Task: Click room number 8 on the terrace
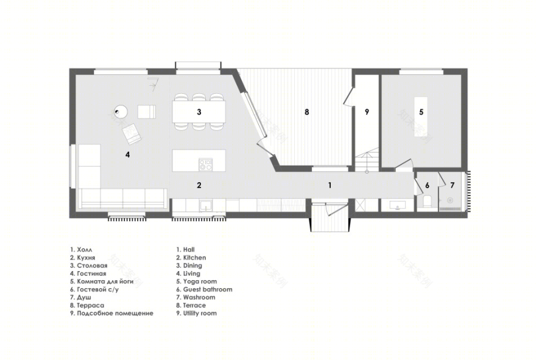[306, 112]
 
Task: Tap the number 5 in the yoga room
[421, 112]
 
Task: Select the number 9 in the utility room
[367, 112]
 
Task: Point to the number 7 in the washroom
[452, 185]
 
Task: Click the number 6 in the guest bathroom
[428, 185]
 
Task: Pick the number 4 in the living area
[127, 155]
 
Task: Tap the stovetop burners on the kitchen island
[206, 164]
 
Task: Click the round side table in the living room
[121, 111]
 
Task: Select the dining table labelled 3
[199, 112]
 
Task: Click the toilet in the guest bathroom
[427, 202]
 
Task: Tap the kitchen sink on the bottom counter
[205, 206]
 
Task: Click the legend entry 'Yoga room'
[197, 281]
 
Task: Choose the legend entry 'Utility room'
[197, 313]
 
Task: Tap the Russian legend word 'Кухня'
[86, 258]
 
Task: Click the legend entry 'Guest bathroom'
[204, 289]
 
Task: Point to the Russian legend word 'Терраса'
[91, 305]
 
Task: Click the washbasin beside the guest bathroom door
[398, 205]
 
